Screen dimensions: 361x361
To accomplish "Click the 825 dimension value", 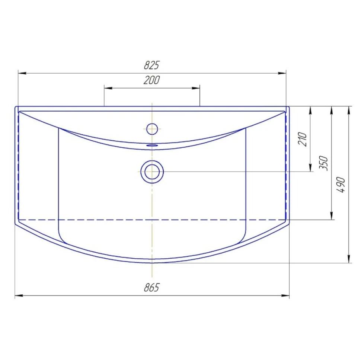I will tap(151, 65).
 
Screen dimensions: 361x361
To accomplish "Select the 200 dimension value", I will tap(151, 80).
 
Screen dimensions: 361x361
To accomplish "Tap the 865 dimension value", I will tap(151, 288).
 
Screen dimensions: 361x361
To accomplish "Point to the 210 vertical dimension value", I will tap(303, 139).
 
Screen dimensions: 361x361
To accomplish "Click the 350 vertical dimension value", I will tap(324, 163).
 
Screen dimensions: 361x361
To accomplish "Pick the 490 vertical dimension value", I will tap(342, 185).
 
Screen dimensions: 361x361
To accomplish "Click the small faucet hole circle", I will tap(152, 129).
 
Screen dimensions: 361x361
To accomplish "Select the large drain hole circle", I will tap(152, 172).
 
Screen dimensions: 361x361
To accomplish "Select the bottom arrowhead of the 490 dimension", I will tap(349, 259).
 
